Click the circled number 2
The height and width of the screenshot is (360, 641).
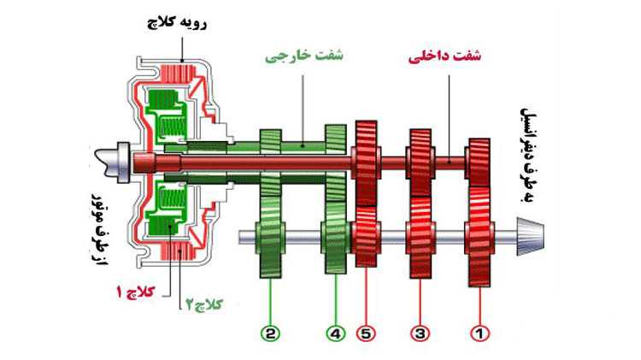click(x=270, y=333)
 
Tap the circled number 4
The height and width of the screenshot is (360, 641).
click(x=336, y=333)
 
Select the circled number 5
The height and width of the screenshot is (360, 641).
click(x=366, y=333)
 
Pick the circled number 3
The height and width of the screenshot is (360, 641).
click(x=420, y=333)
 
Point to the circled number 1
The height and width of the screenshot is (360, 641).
click(x=479, y=333)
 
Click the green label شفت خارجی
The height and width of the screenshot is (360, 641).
click(x=304, y=56)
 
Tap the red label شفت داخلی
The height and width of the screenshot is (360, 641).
click(x=444, y=56)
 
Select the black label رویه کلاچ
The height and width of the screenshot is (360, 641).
click(x=177, y=23)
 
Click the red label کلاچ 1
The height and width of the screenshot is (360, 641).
click(x=136, y=292)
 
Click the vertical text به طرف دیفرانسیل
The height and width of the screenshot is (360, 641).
click(x=529, y=155)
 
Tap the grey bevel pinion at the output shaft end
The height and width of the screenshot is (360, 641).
click(x=530, y=237)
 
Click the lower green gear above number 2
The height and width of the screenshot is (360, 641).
click(x=270, y=237)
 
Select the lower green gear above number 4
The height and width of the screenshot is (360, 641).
click(x=336, y=237)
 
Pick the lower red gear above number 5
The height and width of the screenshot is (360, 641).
click(x=366, y=236)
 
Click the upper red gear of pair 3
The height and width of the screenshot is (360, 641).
click(x=420, y=162)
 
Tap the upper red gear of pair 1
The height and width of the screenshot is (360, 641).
click(x=479, y=162)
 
